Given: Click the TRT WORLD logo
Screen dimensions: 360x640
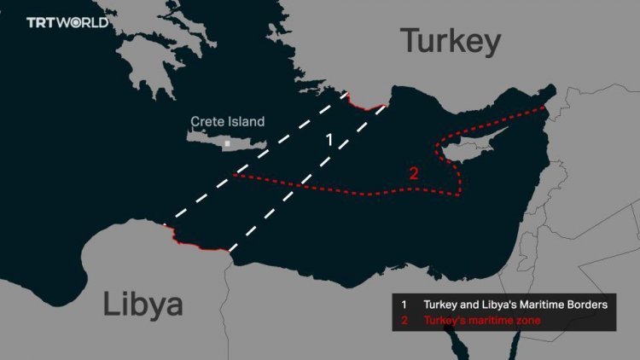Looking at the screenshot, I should pos(67,22).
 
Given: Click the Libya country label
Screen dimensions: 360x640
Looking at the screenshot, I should pos(143,304).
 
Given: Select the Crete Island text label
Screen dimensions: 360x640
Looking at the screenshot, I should pos(227,122).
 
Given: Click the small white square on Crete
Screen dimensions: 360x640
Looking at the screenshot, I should pos(227,144).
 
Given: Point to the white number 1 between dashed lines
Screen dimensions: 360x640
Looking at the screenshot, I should pos(329,138).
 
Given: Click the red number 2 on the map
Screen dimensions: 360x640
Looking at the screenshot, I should pos(413,173).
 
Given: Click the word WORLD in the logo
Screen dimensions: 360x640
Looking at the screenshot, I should pos(84,22).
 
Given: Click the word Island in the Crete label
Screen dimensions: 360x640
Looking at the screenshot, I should pos(246,122).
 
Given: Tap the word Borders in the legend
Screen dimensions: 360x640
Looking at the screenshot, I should pos(588,305).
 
